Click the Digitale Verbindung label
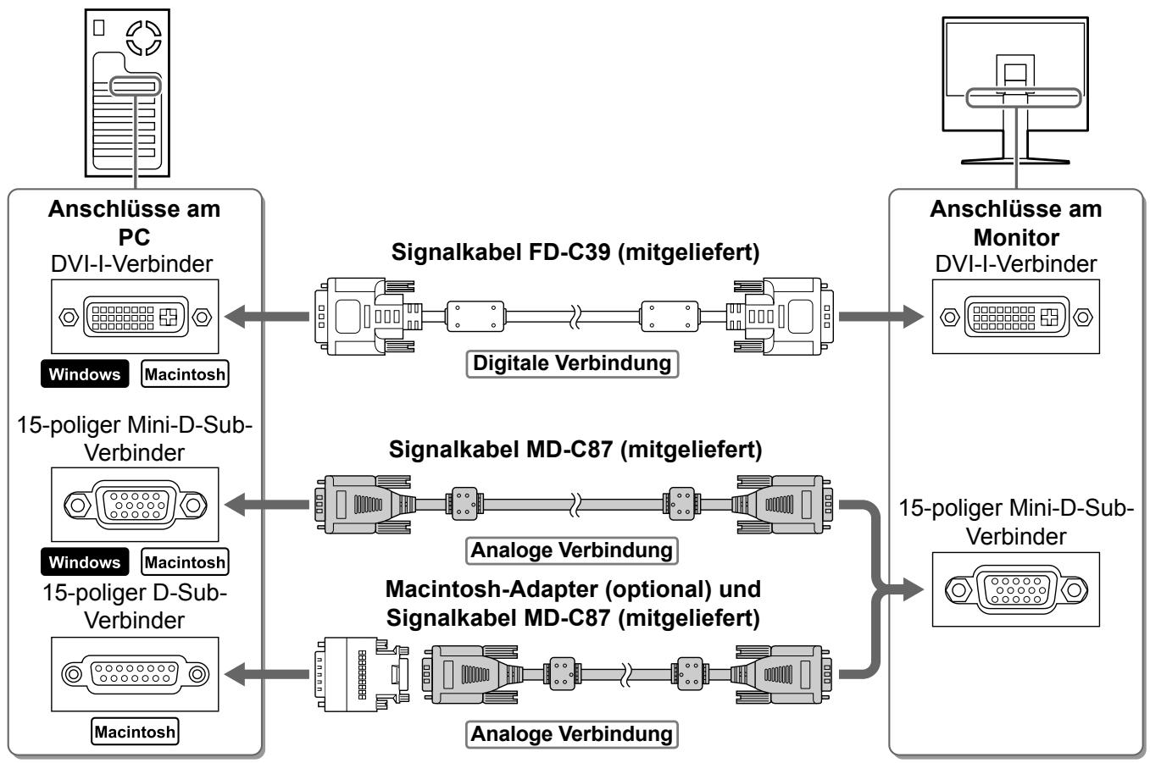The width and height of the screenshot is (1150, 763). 572,364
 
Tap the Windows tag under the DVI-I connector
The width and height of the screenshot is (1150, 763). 85,374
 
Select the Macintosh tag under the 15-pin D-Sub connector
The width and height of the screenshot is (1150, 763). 135,732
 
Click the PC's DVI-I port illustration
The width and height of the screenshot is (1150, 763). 135,317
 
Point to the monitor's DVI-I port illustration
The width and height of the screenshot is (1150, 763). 1016,317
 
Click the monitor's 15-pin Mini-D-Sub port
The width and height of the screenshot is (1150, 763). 1016,589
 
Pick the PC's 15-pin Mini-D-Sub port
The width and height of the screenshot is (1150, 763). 135,505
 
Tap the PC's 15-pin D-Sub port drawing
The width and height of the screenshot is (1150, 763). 135,674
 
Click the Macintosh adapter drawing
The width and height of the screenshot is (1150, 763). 362,674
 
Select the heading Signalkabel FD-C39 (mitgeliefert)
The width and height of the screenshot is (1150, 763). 575,252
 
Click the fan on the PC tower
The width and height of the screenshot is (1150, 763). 144,38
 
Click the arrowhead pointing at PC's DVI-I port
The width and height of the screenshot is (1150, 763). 235,317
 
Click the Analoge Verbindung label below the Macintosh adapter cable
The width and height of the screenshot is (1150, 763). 572,734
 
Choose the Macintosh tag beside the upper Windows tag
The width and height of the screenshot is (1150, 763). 185,374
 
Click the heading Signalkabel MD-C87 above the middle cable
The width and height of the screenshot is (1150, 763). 575,450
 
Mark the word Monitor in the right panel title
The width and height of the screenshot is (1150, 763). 1016,238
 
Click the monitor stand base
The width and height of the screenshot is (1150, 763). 1015,161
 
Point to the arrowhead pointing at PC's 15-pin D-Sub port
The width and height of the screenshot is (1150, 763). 235,674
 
